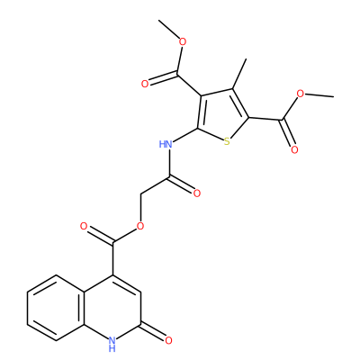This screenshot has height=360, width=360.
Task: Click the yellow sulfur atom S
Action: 227,141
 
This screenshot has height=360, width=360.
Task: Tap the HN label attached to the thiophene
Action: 166,144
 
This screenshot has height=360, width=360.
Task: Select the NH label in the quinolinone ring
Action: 112,344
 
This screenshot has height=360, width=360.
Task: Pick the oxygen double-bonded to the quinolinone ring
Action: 168,340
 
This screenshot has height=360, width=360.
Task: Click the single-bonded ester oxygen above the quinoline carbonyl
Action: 140,226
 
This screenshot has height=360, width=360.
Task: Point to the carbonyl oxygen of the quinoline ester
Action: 84,226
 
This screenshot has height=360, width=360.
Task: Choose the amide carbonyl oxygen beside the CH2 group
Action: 197,193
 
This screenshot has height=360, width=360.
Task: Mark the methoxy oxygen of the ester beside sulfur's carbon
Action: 301,94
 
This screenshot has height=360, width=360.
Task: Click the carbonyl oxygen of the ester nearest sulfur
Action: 294,149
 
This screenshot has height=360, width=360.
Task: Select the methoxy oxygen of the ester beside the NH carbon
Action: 182,41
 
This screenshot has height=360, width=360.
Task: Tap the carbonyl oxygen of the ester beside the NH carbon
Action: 145,84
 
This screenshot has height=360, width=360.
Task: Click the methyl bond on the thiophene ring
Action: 239,74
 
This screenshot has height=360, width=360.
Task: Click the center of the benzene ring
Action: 56,308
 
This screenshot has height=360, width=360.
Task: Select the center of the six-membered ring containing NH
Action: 112,308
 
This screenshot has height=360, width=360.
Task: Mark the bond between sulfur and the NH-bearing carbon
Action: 211,134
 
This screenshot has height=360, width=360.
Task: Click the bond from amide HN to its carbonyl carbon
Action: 168,163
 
